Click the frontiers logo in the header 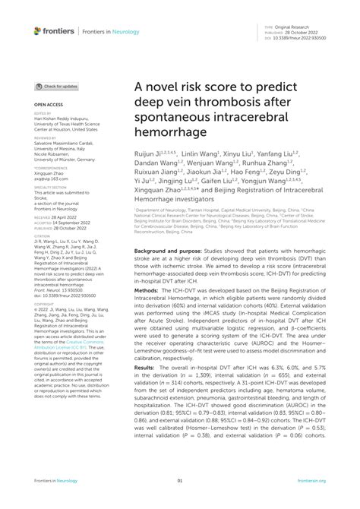click(55, 31)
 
